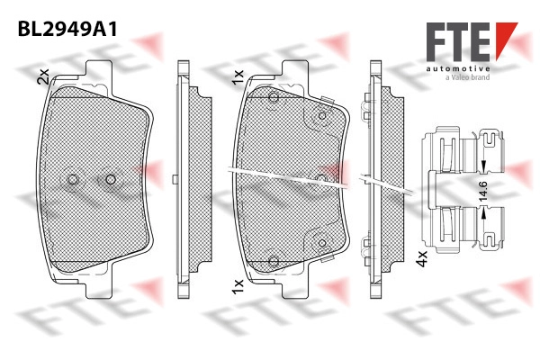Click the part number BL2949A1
[x=67, y=29]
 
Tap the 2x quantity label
[x=43, y=76]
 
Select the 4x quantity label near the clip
[x=421, y=258]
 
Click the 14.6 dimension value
[x=483, y=191]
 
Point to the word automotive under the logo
[x=458, y=69]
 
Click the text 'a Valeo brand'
[x=467, y=77]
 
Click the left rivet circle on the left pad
[x=72, y=179]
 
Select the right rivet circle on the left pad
[x=111, y=179]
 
